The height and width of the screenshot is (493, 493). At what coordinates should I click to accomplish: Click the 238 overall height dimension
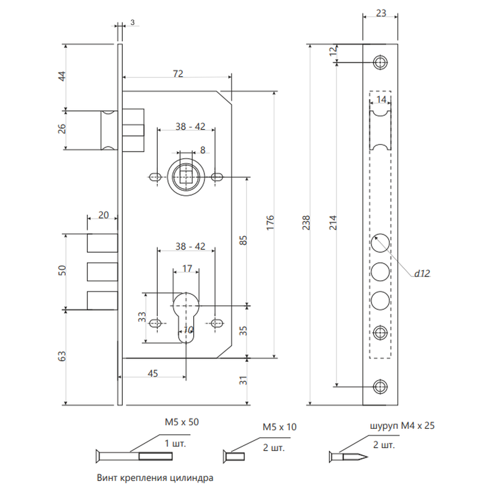pos(306,223)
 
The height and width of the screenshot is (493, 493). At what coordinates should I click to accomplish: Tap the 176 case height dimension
pos(270,223)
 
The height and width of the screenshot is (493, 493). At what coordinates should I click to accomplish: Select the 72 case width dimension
pos(178,73)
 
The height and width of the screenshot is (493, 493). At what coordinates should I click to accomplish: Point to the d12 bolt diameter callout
pos(422,274)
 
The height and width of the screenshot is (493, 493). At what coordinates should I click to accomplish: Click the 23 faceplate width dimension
pos(381,13)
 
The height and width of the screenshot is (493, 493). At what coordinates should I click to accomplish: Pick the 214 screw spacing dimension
pos(333,223)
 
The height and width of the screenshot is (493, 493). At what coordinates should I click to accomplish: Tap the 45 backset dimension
pos(153,374)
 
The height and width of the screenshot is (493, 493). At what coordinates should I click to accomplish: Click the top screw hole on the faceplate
pos(380,63)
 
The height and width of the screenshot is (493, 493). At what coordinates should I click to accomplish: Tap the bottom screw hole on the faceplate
pos(380,387)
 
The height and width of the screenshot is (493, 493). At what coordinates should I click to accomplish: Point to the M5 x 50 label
pos(182,422)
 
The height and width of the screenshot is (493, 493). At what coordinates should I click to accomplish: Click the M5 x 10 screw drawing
pos(234,457)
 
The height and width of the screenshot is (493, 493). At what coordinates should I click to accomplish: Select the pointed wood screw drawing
pos(349,457)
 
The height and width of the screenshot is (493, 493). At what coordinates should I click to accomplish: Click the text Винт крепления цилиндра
pos(155,478)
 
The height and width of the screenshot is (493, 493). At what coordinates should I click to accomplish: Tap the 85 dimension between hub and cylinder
pos(244,241)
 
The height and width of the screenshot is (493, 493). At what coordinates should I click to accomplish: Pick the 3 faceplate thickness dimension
pos(132,23)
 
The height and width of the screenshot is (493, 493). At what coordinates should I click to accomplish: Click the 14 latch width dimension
pos(381,100)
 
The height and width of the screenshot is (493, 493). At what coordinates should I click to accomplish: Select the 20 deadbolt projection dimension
pos(104,215)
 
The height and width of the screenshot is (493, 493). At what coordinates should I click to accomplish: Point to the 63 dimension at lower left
pos(62,356)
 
